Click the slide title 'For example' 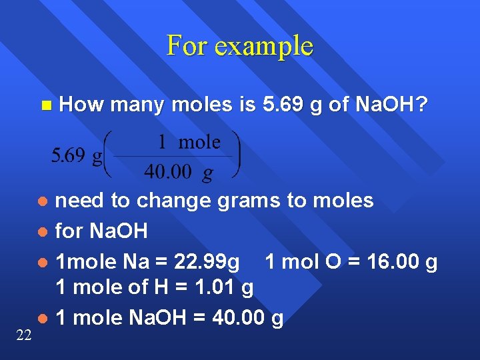pyautogui.click(x=239, y=45)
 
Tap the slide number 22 pyautogui.click(x=23, y=335)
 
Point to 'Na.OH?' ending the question pyautogui.click(x=392, y=104)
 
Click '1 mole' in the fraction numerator pyautogui.click(x=189, y=142)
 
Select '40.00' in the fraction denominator pyautogui.click(x=167, y=172)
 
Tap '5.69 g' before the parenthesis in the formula pyautogui.click(x=77, y=156)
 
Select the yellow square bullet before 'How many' pyautogui.click(x=45, y=105)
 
